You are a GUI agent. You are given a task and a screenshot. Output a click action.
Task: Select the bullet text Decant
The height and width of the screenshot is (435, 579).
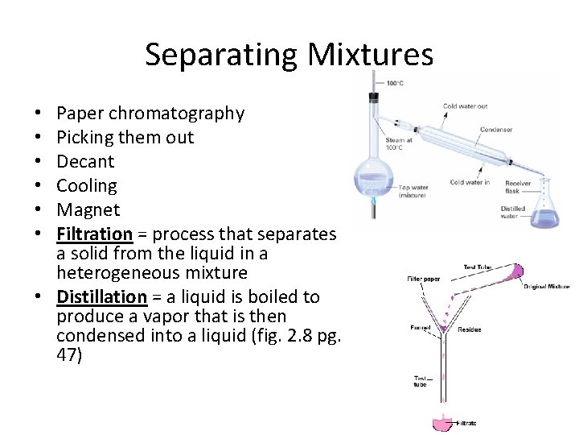point(85,161)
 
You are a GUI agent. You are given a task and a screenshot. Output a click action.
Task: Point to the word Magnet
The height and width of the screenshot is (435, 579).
point(88,209)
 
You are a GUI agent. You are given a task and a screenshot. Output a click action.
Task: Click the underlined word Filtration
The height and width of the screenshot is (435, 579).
point(94,234)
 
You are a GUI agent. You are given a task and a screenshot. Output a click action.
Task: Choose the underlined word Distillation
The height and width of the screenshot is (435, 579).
point(101,296)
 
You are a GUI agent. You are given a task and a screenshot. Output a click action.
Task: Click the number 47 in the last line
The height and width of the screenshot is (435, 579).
point(69,354)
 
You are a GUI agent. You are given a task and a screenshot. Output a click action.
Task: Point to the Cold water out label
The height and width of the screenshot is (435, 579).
point(465,106)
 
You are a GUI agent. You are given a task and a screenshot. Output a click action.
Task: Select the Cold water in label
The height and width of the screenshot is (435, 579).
point(470,182)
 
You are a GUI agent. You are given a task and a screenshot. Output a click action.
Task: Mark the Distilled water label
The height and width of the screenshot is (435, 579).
point(512,213)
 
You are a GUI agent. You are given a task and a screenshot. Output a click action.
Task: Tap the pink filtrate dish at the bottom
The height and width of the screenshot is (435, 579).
point(443,423)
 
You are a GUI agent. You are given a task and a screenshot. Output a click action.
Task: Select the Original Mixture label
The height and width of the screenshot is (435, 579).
point(547,286)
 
